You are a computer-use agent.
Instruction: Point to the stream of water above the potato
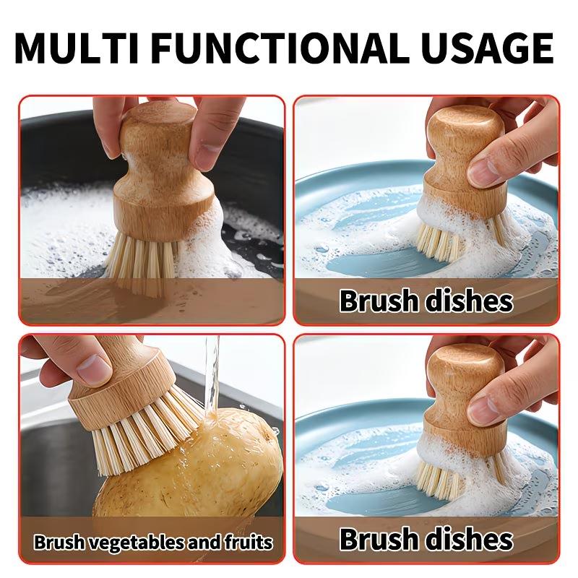(x=211, y=376)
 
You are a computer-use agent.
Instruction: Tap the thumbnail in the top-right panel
(x=485, y=171)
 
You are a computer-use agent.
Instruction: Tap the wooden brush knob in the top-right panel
(x=462, y=144)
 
